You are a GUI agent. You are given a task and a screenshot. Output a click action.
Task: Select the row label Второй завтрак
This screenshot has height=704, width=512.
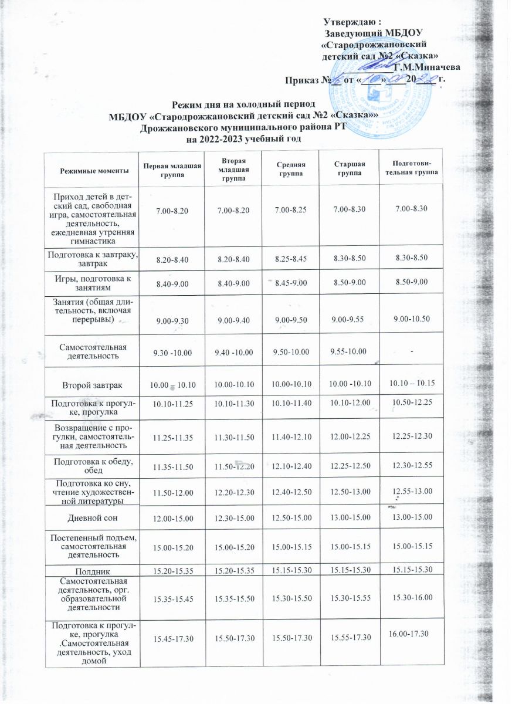[92, 385]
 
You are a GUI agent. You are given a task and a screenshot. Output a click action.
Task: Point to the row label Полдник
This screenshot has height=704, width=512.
[92, 570]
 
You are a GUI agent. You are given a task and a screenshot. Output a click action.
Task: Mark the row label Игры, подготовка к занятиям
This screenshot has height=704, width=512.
[92, 283]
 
